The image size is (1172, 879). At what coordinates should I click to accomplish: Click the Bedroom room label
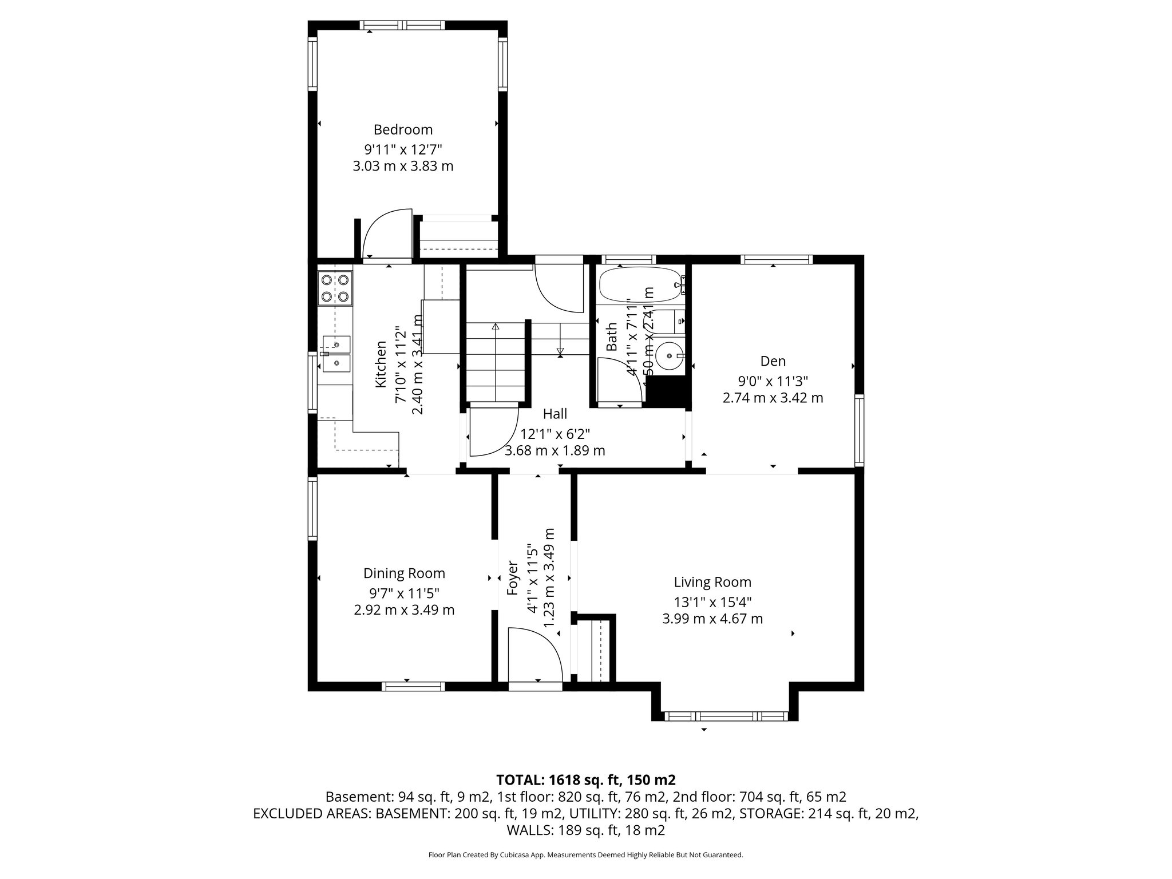click(403, 129)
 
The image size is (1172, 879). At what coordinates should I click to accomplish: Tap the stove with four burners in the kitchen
click(335, 288)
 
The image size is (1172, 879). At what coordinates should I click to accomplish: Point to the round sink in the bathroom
click(666, 356)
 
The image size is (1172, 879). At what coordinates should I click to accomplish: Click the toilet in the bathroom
click(667, 321)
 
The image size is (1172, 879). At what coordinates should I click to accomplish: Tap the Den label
click(773, 361)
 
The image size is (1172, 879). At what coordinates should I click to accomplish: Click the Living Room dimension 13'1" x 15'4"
click(712, 601)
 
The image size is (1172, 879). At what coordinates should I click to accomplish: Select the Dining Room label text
click(404, 573)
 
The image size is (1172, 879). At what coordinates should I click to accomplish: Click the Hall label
click(555, 414)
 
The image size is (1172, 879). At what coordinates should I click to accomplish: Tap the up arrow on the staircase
click(495, 327)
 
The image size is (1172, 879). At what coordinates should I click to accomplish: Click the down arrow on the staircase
click(560, 351)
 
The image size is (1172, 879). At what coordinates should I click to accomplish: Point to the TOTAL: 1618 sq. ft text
click(585, 779)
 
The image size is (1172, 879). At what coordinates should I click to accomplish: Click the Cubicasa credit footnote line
click(585, 855)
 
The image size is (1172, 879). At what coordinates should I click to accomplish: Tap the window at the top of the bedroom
click(402, 25)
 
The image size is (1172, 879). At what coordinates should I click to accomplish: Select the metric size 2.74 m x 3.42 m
click(773, 398)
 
